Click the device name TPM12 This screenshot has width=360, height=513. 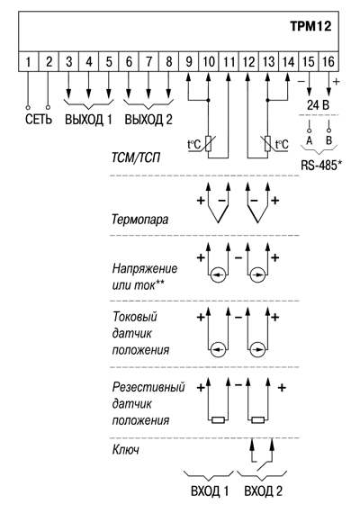click(310, 26)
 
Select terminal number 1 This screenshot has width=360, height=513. click(28, 61)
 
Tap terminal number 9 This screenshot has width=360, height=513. click(189, 61)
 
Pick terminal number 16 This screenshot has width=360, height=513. click(328, 61)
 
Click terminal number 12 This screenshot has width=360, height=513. click(248, 61)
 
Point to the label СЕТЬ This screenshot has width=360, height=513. click(39, 120)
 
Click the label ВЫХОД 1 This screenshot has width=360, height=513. click(88, 120)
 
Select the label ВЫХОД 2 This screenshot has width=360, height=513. click(148, 120)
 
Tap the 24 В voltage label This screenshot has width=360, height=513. click(318, 105)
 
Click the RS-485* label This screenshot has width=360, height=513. click(321, 166)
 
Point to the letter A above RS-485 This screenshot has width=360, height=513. click(310, 140)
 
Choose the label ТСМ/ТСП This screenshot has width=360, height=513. click(136, 158)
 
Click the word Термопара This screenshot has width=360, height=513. click(140, 219)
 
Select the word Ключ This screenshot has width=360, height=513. click(126, 450)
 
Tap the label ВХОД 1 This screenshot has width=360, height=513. click(210, 491)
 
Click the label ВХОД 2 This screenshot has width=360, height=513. click(264, 491)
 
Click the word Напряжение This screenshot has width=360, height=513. click(145, 268)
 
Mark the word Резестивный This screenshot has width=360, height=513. click(148, 387)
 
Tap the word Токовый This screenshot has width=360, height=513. click(135, 317)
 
